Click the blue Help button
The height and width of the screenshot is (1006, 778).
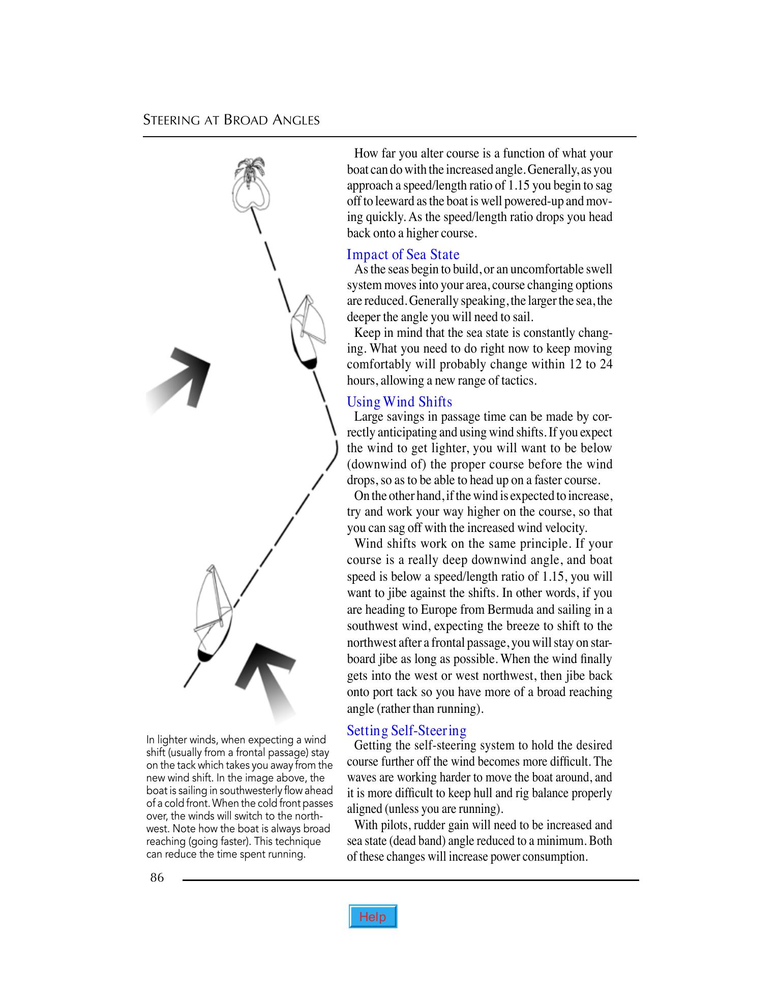372,917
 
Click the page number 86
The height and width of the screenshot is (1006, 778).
157,877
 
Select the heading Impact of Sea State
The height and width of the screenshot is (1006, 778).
403,255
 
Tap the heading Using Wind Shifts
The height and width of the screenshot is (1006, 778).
399,402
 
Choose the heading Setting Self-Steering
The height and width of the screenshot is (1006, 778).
406,731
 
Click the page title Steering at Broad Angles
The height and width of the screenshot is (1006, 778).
231,120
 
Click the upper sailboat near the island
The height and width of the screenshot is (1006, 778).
305,333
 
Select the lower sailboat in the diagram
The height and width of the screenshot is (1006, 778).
213,615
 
